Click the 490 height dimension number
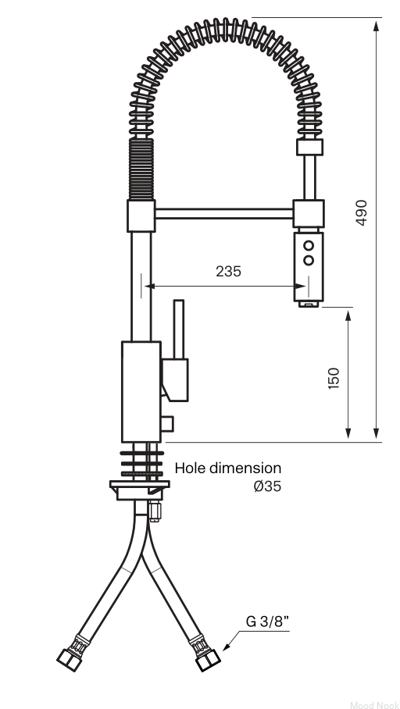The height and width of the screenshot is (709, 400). click(x=361, y=212)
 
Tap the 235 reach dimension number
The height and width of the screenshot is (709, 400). click(x=228, y=271)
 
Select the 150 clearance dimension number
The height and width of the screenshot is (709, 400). click(x=334, y=379)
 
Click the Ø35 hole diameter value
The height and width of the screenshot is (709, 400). click(x=267, y=486)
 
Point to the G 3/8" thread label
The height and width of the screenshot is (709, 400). click(x=267, y=622)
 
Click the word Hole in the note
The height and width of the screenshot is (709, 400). click(x=188, y=468)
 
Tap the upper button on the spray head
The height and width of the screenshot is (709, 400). click(x=309, y=245)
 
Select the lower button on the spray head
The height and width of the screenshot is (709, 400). click(x=309, y=261)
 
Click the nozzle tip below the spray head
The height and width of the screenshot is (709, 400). click(x=309, y=305)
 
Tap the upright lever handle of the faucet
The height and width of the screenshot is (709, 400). click(x=179, y=330)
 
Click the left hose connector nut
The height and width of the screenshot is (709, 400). click(x=70, y=660)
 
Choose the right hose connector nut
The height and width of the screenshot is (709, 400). click(x=208, y=660)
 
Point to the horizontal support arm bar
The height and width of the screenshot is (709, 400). click(x=224, y=213)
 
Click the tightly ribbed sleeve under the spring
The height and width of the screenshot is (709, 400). click(x=141, y=169)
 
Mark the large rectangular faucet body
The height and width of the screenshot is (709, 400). click(x=141, y=391)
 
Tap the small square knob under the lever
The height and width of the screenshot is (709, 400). click(x=167, y=424)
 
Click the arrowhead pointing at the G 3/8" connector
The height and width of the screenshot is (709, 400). click(x=227, y=647)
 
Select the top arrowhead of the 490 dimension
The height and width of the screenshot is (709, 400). click(x=376, y=25)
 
